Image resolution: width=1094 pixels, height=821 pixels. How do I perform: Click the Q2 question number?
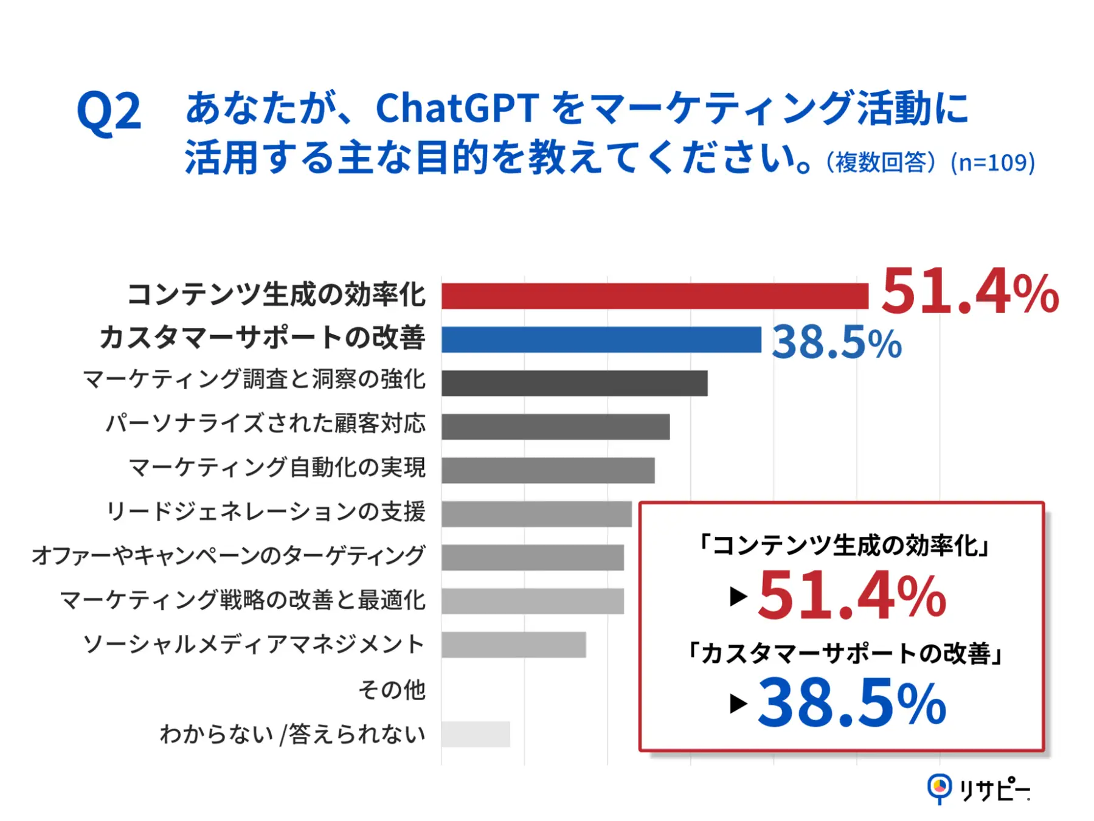click(109, 111)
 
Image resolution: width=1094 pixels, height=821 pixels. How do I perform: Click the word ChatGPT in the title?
click(457, 108)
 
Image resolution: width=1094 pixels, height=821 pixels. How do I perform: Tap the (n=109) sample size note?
click(992, 162)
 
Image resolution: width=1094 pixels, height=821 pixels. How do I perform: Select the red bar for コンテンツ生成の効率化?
click(654, 296)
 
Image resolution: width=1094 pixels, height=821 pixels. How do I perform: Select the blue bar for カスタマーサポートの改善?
click(601, 339)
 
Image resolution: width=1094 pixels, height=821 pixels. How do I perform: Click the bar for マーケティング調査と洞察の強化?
click(574, 383)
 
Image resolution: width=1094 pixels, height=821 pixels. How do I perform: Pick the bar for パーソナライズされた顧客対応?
click(555, 427)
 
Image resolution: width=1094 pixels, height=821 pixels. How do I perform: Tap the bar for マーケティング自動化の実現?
click(548, 470)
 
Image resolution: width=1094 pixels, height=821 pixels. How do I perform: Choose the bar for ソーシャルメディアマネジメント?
click(513, 645)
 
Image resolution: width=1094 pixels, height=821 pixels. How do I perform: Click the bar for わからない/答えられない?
click(476, 734)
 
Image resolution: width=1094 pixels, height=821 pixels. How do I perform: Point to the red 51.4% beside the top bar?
click(969, 293)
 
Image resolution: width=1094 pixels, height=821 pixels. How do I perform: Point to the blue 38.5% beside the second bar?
click(836, 342)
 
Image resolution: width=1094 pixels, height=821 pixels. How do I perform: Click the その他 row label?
click(392, 690)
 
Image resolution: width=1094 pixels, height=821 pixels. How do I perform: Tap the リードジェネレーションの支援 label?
click(266, 512)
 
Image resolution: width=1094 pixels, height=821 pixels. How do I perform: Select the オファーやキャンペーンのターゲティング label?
click(228, 556)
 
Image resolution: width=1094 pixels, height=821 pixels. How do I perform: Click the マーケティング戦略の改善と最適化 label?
click(243, 600)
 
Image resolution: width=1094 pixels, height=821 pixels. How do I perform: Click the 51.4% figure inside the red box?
click(851, 596)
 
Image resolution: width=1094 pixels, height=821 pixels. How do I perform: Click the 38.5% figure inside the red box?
click(851, 703)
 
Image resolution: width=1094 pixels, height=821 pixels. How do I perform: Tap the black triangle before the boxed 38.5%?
click(738, 704)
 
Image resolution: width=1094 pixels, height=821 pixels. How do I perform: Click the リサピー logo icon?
click(939, 788)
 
